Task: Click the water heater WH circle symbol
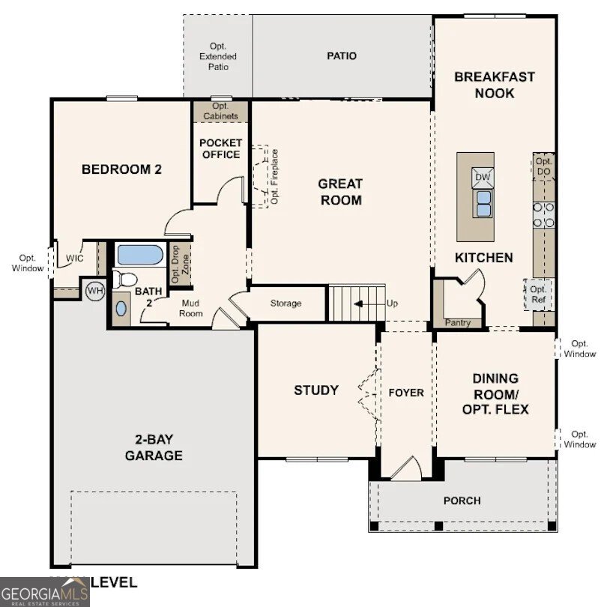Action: click(94, 290)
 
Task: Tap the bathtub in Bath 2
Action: click(140, 256)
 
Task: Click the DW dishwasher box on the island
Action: click(482, 178)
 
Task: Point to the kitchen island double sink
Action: click(483, 199)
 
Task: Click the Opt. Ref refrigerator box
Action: click(538, 294)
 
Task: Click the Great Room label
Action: click(339, 192)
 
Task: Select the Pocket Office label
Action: click(220, 148)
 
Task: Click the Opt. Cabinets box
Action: click(220, 112)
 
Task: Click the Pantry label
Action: click(457, 323)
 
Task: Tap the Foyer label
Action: click(406, 393)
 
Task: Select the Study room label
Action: click(315, 390)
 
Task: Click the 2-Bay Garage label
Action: click(154, 447)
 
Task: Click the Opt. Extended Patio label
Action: click(218, 56)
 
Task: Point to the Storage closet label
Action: click(286, 303)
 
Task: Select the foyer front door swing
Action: click(405, 469)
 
